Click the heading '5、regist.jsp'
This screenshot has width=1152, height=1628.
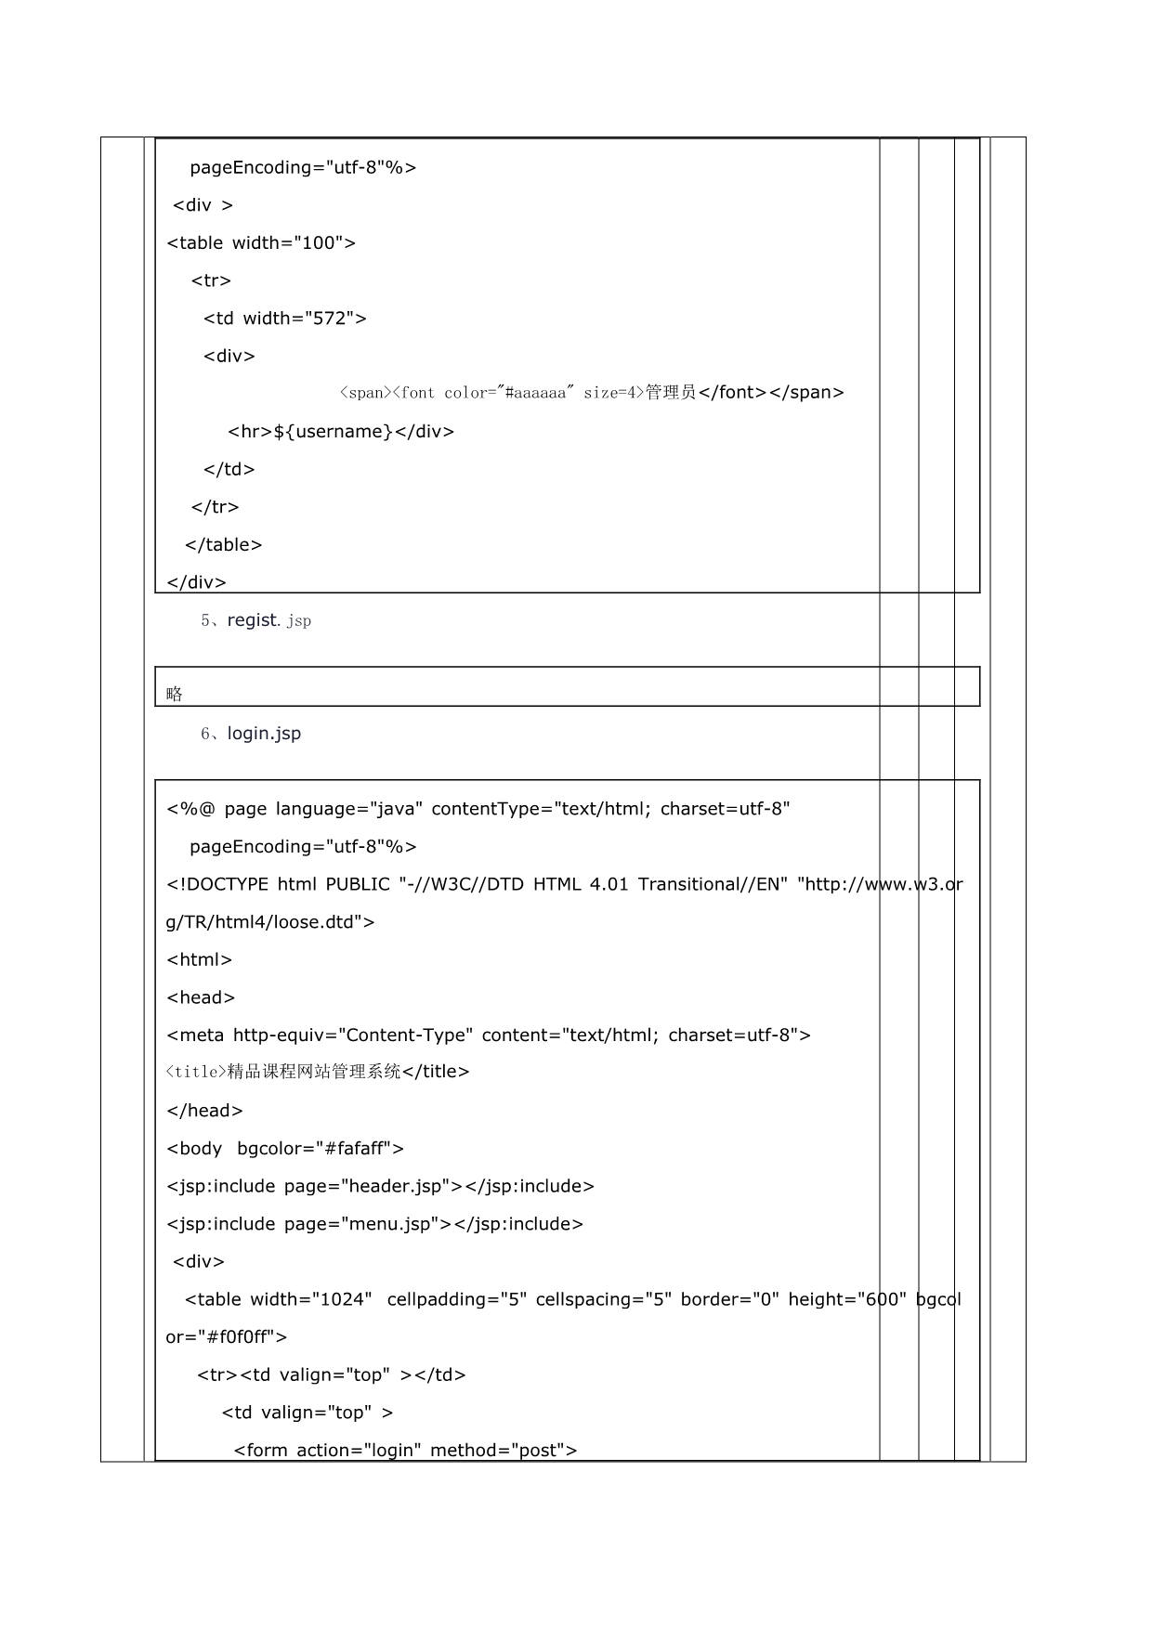point(255,620)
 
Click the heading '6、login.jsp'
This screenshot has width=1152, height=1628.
point(251,734)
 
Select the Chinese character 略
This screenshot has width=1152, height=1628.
point(175,694)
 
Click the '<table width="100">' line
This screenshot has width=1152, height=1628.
point(261,243)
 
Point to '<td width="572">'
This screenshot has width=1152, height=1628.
point(285,319)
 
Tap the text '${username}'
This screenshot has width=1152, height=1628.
point(334,432)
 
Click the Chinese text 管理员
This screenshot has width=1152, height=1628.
point(671,393)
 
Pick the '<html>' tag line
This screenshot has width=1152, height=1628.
point(199,960)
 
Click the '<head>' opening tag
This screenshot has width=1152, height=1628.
point(201,998)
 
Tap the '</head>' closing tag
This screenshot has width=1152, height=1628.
point(204,1112)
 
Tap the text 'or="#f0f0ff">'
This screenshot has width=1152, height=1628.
point(227,1338)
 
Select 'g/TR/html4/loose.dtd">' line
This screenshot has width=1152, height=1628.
point(269,923)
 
